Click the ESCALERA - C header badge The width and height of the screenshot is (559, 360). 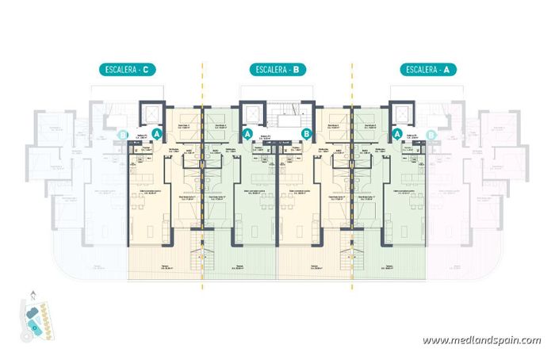coord(126,70)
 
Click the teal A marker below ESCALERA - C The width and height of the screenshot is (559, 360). coord(157,135)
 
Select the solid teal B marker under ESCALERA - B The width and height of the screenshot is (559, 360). coord(307,135)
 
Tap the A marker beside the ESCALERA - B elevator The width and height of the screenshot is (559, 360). coord(248,135)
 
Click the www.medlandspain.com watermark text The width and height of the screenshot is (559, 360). coord(481,340)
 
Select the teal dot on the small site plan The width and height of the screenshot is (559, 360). coord(34,324)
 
